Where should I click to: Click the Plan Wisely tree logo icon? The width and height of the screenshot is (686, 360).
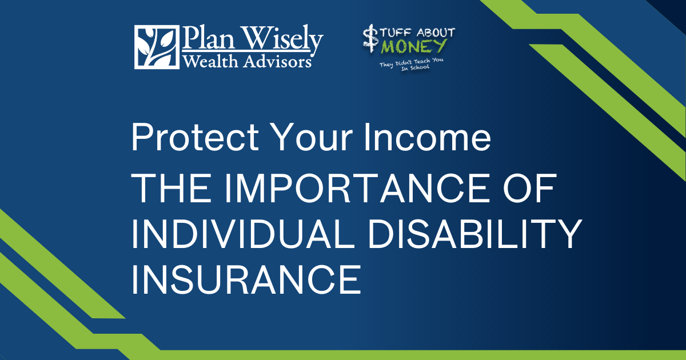click(x=156, y=47)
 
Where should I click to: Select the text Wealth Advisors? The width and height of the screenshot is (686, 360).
click(x=247, y=61)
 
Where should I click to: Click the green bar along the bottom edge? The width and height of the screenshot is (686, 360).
click(x=400, y=355)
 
